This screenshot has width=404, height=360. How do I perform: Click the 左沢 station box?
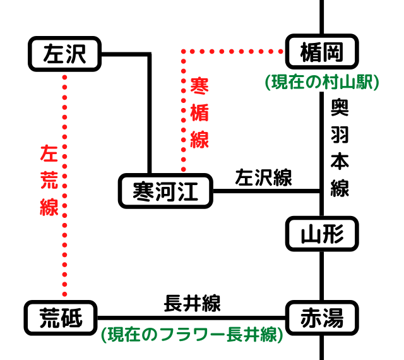tap(65, 54)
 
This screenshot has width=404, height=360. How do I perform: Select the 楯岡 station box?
tap(322, 53)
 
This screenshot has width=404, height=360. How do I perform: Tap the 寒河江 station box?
tap(167, 191)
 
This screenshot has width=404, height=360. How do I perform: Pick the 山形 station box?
tap(322, 234)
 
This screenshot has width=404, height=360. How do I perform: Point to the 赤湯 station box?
tap(322, 319)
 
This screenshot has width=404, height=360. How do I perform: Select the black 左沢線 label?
tap(263, 178)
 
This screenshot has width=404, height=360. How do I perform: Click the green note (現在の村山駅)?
tap(322, 82)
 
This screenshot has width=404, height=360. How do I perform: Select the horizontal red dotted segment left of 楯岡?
tap(234, 51)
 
